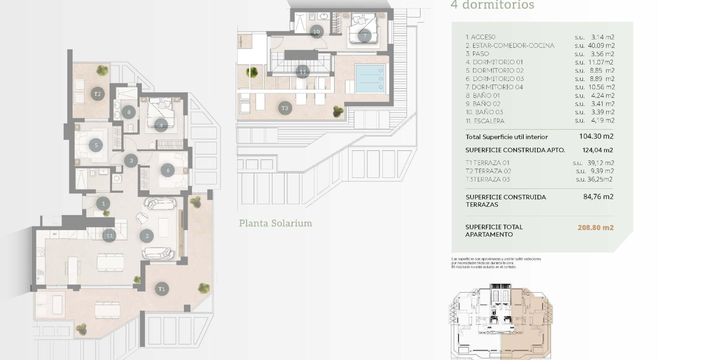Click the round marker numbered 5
(96, 145)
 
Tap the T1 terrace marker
(162, 289)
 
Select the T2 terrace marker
(97, 94)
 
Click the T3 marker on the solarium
(285, 108)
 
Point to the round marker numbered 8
(129, 112)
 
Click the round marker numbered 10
(316, 32)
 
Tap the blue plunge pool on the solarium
(370, 78)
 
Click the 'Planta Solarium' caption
(275, 223)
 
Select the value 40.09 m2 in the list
(601, 45)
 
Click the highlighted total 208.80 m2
(595, 228)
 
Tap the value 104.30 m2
(596, 136)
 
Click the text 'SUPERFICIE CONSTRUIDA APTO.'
(515, 150)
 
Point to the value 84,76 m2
(598, 197)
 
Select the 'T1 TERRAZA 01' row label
(487, 163)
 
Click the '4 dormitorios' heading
(492, 5)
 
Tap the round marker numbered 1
(103, 204)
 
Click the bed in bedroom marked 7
(364, 28)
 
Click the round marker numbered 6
(168, 170)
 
